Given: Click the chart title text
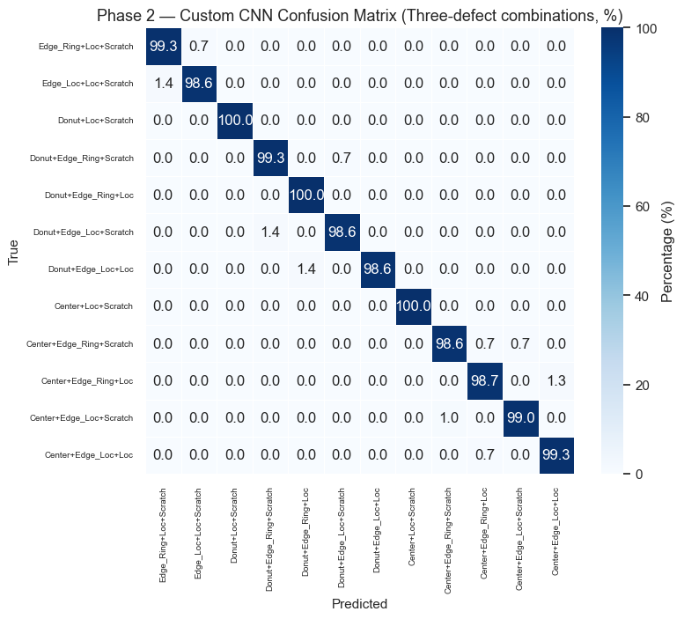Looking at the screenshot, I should pyautogui.click(x=359, y=16).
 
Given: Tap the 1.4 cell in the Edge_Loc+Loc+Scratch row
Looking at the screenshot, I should pyautogui.click(x=163, y=83).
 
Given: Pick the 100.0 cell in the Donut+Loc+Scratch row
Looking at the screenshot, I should pyautogui.click(x=235, y=120).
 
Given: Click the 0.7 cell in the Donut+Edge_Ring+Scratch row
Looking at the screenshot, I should pyautogui.click(x=341, y=158).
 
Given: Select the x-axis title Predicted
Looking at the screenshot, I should pyautogui.click(x=359, y=604).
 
